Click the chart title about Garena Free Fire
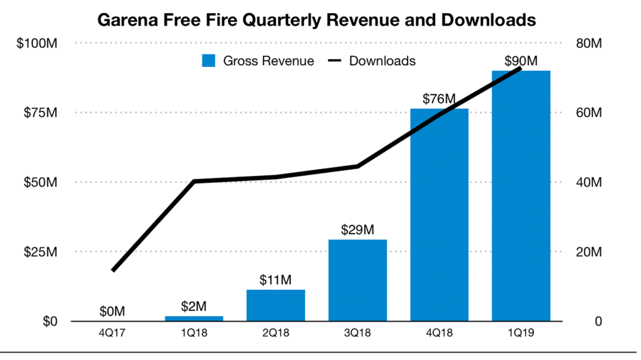click(316, 20)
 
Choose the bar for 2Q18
click(275, 305)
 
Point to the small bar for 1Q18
click(194, 319)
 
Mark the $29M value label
click(357, 230)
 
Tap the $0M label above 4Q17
click(113, 311)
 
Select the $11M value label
click(275, 280)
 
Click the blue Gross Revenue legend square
click(208, 61)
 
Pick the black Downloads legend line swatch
click(336, 61)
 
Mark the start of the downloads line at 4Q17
click(113, 270)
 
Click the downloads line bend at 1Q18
click(194, 182)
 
